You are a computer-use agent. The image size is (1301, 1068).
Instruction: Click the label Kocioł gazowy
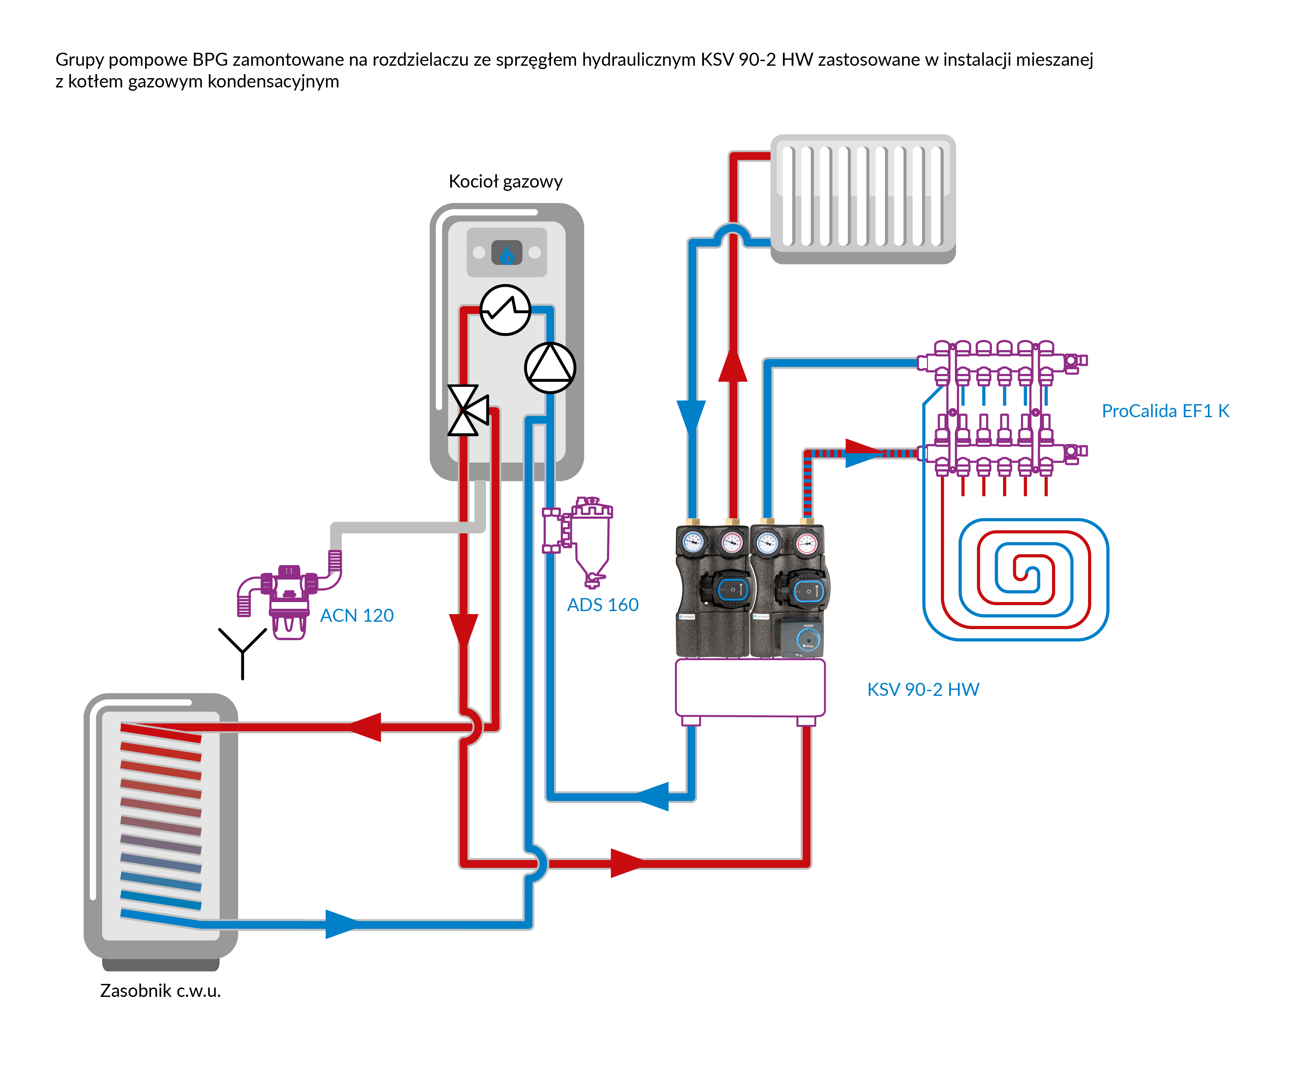coord(505,182)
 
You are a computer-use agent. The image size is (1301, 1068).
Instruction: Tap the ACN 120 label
coord(357,615)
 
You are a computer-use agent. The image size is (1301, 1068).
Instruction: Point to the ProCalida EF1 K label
coord(1165,411)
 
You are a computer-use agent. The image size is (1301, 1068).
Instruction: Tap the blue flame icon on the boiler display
coord(506,253)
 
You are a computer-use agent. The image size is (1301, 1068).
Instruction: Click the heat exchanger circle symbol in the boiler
coord(505,309)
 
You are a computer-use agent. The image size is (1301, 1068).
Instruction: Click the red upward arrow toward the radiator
coord(733,366)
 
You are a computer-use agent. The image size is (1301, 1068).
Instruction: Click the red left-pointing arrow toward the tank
coord(366,727)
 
